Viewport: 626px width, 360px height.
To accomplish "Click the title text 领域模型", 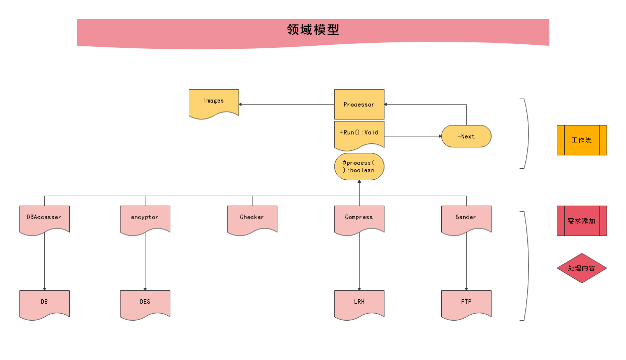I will (x=313, y=30).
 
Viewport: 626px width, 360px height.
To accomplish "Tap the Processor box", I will (x=359, y=105).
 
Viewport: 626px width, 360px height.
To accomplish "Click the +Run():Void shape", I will (x=359, y=133).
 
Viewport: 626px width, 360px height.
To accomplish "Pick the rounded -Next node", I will (x=466, y=136).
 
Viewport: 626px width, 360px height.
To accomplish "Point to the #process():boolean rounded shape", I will (x=359, y=166).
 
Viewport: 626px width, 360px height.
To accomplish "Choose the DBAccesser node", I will (x=44, y=218).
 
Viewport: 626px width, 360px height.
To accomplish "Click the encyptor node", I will (x=145, y=218).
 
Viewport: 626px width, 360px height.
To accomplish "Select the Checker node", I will (x=252, y=218).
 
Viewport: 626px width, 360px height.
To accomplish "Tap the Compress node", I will (x=359, y=218).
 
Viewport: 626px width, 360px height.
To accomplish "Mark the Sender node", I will (x=466, y=218).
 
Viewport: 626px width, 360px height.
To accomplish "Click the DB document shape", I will (x=44, y=303).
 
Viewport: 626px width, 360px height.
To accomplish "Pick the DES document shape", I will (x=145, y=303).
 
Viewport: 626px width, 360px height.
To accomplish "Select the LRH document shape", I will (x=359, y=303).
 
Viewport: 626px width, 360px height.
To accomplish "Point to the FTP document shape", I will (x=466, y=303).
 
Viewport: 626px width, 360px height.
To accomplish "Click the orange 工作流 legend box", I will (x=582, y=140).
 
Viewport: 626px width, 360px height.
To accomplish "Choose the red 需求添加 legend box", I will (x=582, y=221).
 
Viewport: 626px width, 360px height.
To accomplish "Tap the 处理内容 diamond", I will (x=582, y=268).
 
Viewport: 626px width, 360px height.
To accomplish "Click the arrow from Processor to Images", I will (x=286, y=105).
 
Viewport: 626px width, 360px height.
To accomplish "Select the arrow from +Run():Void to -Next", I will (x=413, y=136).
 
